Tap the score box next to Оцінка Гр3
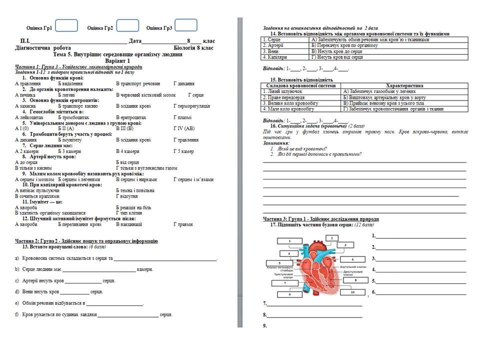click(186, 25)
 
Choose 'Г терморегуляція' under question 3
click(191, 106)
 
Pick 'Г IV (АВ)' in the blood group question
click(183, 128)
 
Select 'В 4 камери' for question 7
click(127, 151)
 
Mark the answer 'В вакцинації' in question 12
click(129, 224)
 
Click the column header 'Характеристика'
click(405, 85)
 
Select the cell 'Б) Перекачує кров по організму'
click(344, 45)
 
